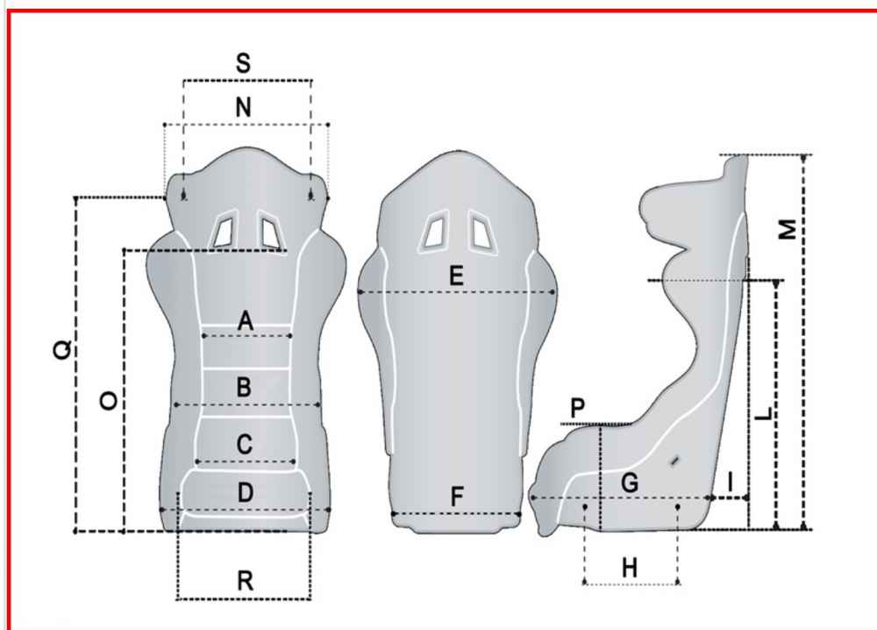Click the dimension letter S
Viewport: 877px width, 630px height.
pos(243,62)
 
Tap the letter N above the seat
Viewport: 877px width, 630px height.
pos(243,107)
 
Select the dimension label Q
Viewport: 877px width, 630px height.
pos(62,349)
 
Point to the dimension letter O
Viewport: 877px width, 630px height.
pos(109,401)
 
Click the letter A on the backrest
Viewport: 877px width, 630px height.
pos(245,321)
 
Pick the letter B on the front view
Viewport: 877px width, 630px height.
pos(244,387)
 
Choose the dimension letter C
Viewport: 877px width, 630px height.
pos(245,444)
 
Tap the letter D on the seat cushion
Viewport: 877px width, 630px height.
pos(245,493)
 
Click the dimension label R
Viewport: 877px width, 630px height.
pos(245,581)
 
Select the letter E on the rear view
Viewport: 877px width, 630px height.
pos(456,276)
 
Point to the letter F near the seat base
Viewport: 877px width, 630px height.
pos(457,497)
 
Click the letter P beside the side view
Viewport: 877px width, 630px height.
pos(578,408)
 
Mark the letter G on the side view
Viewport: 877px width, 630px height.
pos(630,483)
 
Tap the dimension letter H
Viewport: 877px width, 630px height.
pos(630,568)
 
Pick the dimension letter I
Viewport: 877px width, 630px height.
pos(731,482)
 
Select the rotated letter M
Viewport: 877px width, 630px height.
pos(788,229)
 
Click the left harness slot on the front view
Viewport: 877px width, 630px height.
pos(224,229)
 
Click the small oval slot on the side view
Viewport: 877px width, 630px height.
pos(675,461)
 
